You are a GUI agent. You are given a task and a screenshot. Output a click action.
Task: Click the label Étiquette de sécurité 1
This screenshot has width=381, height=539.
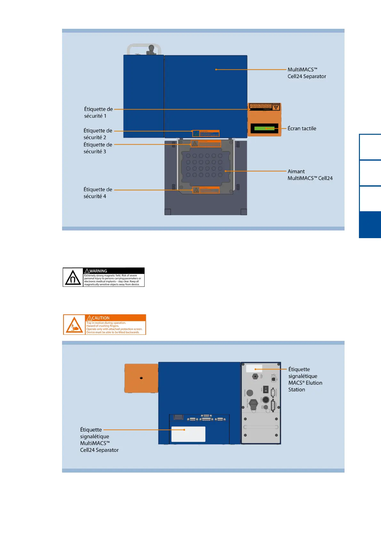(x=98, y=112)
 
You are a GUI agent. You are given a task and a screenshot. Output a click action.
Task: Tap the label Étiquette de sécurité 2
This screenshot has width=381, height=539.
(x=98, y=134)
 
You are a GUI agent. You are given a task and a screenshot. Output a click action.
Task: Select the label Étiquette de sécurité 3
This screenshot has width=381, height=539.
(x=98, y=148)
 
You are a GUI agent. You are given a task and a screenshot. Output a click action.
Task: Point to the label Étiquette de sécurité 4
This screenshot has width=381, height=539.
(x=98, y=193)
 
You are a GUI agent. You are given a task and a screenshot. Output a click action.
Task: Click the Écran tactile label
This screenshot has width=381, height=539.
(x=302, y=128)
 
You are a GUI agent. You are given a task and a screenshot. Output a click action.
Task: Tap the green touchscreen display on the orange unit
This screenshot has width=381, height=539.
(x=264, y=128)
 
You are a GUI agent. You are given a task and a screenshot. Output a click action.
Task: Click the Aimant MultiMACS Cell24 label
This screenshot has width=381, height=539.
(x=310, y=175)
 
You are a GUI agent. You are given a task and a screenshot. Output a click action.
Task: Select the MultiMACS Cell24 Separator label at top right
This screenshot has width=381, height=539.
(x=306, y=73)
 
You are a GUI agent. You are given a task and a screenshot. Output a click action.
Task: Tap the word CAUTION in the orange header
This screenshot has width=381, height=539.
(x=100, y=318)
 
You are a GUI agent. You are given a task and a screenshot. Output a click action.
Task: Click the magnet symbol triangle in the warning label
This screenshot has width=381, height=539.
(x=73, y=278)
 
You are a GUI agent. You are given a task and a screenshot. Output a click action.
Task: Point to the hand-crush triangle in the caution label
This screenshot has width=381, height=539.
(x=74, y=325)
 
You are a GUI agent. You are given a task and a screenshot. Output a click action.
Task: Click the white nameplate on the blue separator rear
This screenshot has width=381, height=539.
(x=188, y=434)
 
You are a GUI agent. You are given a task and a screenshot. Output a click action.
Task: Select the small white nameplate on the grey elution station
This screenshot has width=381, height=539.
(x=254, y=368)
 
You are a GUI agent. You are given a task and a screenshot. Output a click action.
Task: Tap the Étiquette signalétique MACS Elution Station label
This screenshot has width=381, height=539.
(x=305, y=379)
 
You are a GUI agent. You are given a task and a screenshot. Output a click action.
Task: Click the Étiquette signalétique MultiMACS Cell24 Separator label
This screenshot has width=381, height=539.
(x=99, y=440)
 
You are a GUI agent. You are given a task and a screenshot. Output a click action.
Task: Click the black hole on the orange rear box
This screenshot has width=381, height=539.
(x=141, y=378)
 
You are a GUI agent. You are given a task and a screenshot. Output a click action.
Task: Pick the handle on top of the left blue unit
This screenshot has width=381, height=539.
(x=144, y=49)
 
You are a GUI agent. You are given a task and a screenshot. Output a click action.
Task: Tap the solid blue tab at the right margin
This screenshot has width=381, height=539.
(x=370, y=225)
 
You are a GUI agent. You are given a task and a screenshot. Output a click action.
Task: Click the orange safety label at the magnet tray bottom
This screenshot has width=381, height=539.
(x=206, y=190)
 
